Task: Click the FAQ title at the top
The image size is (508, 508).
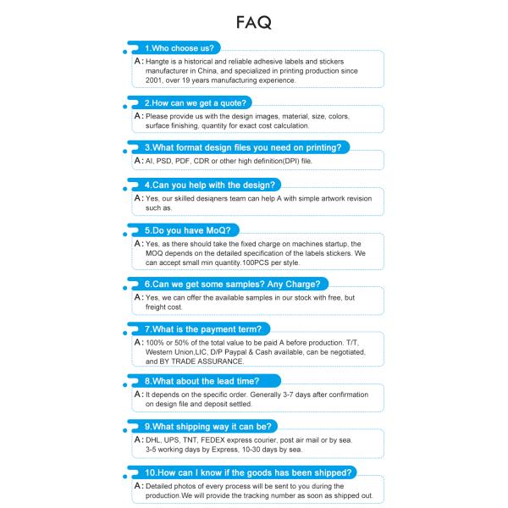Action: point(254,22)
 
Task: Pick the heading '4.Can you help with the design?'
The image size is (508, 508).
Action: point(210,185)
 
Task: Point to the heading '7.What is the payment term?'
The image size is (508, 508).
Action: point(207,329)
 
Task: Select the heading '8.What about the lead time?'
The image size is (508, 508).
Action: point(201,382)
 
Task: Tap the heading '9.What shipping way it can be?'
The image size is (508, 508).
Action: point(207,427)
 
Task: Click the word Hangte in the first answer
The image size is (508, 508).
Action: point(158,62)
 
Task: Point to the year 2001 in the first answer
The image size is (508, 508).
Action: point(155,80)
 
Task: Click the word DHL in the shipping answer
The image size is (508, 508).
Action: point(155,440)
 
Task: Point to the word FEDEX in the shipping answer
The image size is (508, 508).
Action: point(225,440)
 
